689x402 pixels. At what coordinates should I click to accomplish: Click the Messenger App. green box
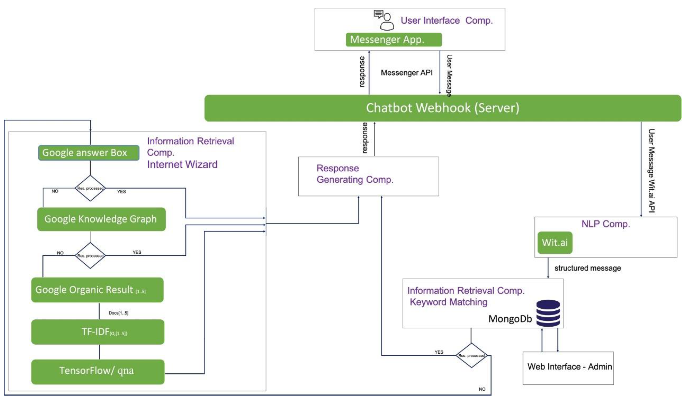pos(393,40)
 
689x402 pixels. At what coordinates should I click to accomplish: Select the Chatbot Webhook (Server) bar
pos(442,108)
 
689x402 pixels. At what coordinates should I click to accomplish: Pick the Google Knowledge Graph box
pos(101,219)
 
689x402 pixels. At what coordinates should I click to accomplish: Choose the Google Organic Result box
pos(97,290)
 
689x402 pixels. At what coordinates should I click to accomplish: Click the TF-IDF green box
pos(98,332)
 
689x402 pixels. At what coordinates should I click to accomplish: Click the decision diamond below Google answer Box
pos(90,188)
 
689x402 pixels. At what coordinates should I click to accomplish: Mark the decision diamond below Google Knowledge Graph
pos(90,256)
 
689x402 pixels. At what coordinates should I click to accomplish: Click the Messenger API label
pos(407,73)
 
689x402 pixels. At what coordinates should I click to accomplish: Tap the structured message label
pos(587,268)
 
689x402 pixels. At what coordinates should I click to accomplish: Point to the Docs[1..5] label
pos(118,313)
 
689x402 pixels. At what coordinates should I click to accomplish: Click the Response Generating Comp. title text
pos(355,174)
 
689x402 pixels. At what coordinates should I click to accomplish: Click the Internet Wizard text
pos(182,165)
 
